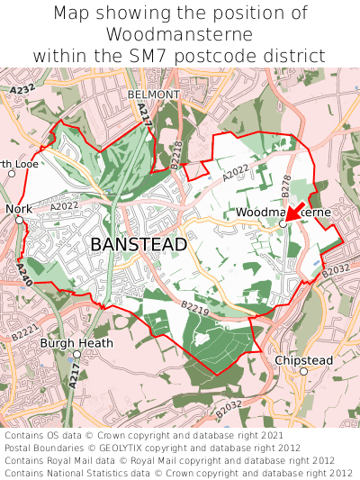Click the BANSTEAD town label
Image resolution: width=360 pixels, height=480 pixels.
click(139, 244)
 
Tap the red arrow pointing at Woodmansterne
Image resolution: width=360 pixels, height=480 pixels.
click(293, 213)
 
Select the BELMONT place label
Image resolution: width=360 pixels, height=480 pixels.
click(148, 94)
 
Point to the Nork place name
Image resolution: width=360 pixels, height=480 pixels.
click(18, 208)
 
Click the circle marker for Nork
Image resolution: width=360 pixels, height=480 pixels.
click(19, 219)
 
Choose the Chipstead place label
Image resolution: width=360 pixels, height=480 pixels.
click(303, 360)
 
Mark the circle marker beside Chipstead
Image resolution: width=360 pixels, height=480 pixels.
click(303, 371)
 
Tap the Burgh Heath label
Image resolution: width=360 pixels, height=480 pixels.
click(76, 343)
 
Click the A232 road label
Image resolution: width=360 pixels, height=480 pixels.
click(22, 90)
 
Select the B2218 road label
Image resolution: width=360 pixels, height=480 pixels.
click(175, 156)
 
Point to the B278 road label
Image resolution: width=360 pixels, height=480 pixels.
click(285, 186)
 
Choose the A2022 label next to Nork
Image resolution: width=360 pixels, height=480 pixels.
click(65, 206)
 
